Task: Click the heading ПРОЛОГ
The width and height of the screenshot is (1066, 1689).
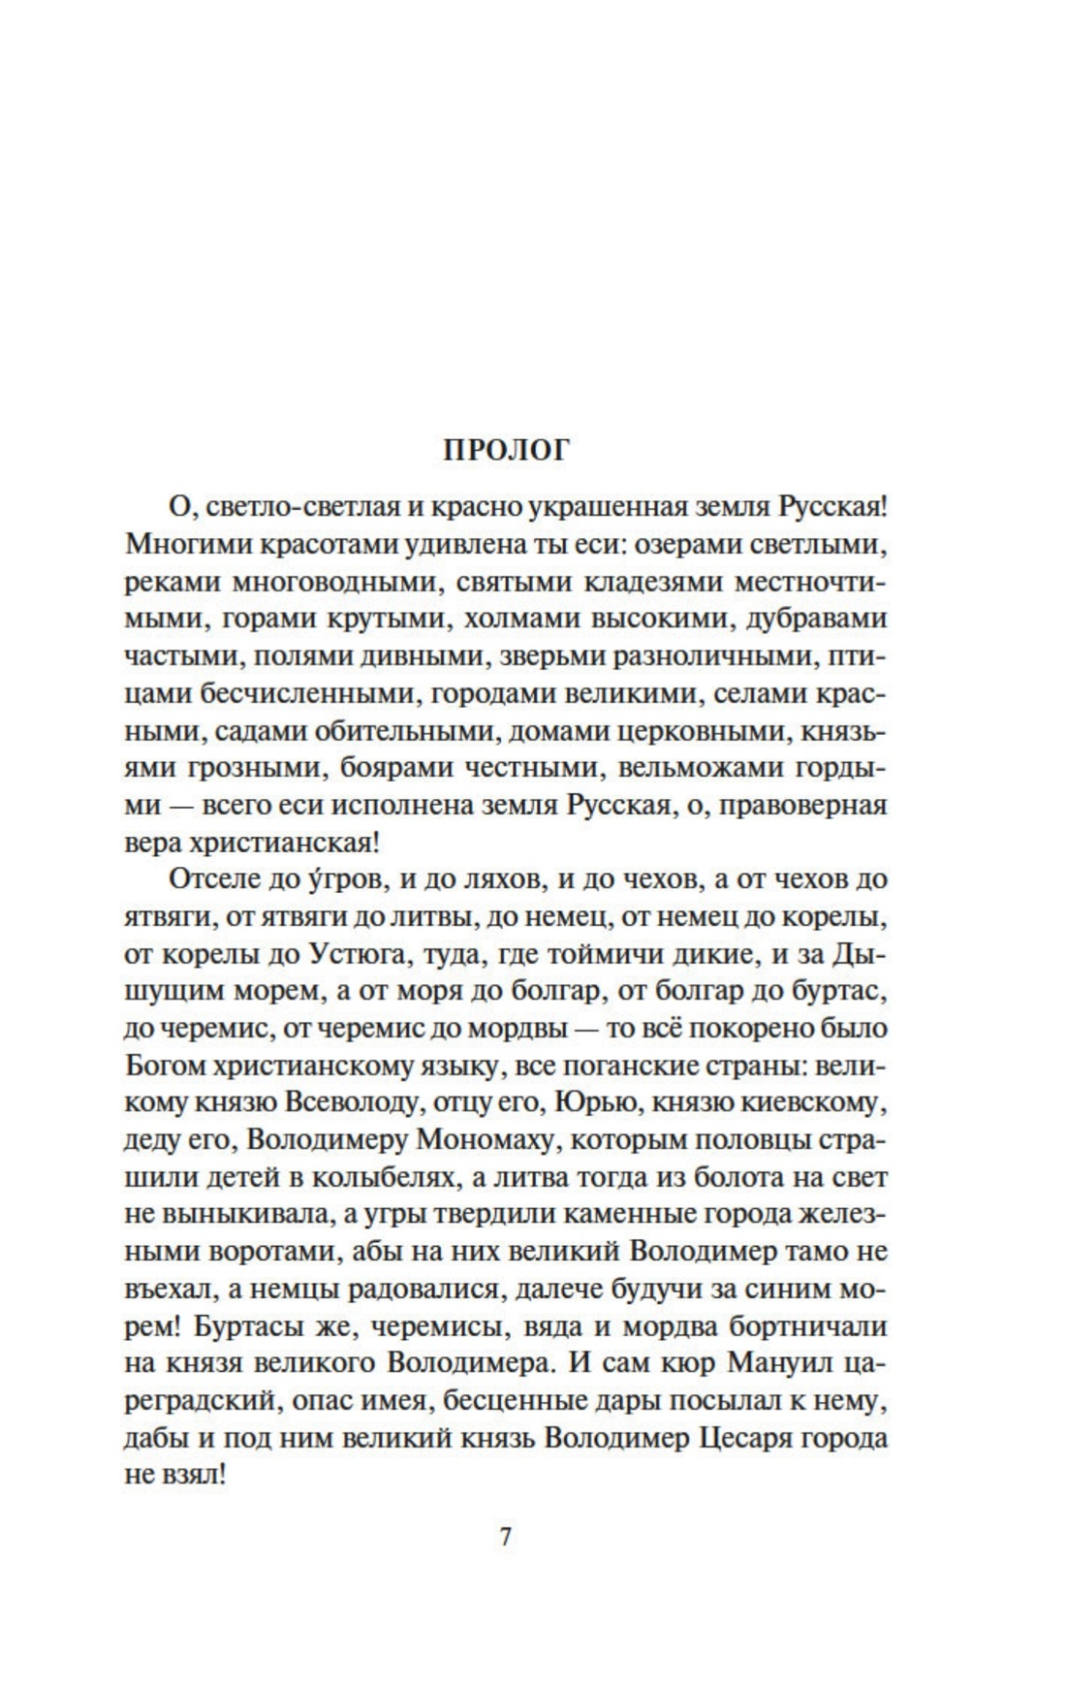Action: point(508,450)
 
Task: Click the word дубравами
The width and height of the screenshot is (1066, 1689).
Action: point(817,620)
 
